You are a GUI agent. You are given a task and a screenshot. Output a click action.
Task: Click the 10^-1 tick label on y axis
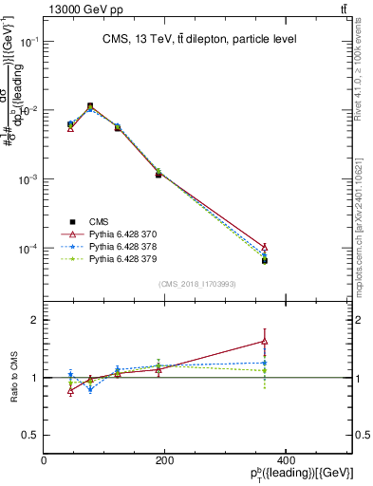click(x=28, y=42)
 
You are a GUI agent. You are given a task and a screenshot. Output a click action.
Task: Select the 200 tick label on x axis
click(x=164, y=460)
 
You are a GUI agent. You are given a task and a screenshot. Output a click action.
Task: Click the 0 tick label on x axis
click(x=44, y=460)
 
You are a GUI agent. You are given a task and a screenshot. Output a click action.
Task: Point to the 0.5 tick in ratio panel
click(x=30, y=435)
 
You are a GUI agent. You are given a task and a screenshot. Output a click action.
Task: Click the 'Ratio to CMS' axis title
click(x=13, y=377)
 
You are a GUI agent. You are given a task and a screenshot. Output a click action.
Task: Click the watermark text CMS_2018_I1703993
click(x=197, y=283)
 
